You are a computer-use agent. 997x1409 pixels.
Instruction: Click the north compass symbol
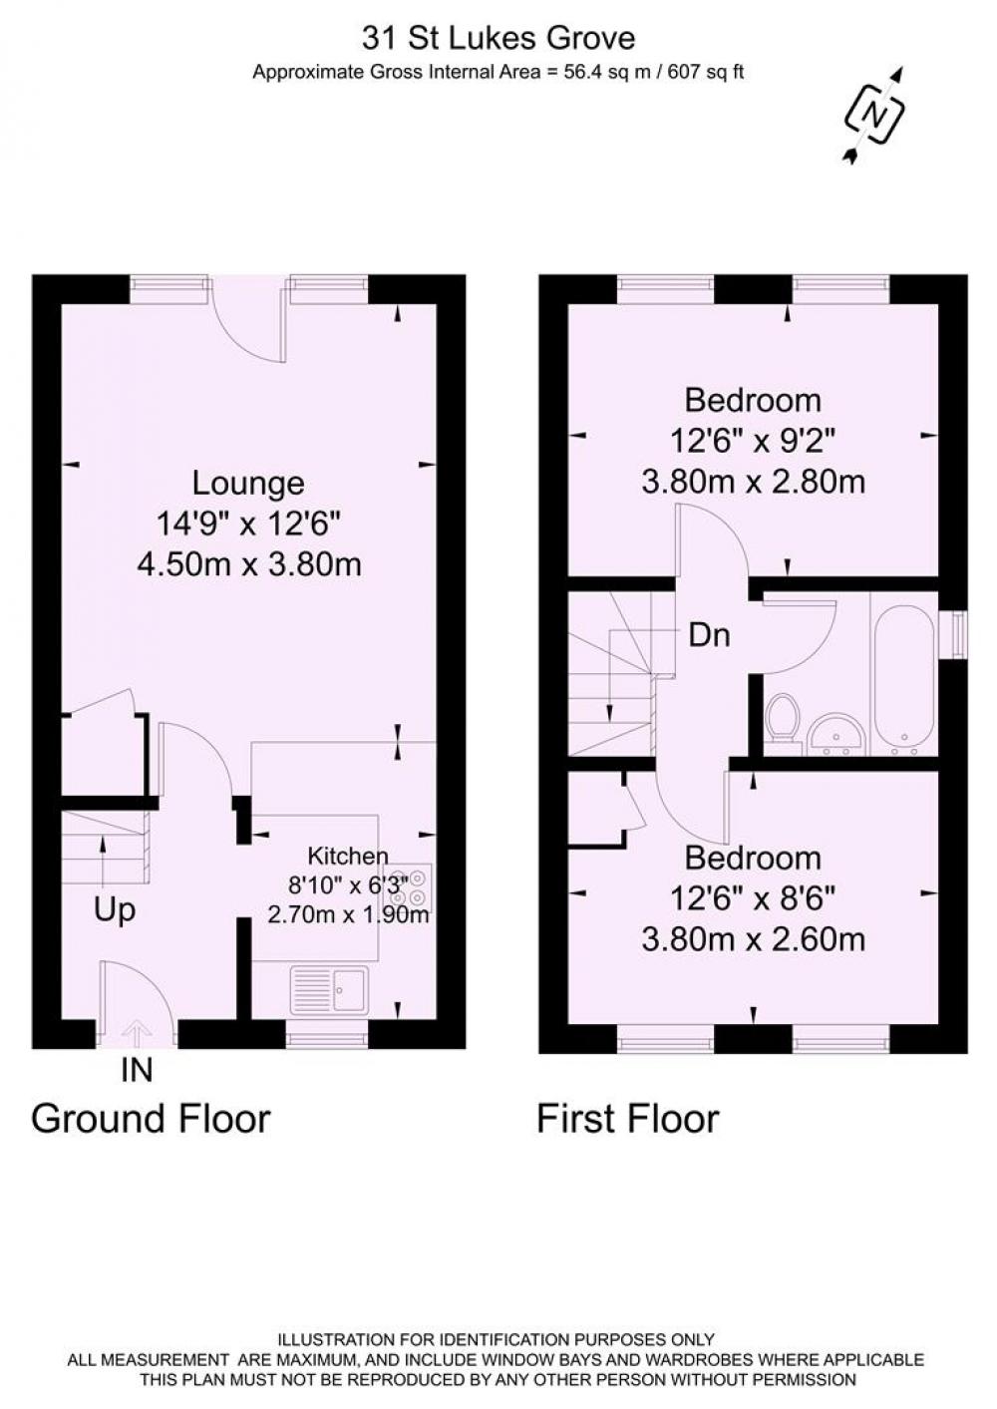[x=875, y=115]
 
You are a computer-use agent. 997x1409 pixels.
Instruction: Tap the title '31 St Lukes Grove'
[x=498, y=39]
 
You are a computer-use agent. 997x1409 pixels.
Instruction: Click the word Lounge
[x=248, y=485]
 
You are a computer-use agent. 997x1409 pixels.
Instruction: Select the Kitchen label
[x=348, y=857]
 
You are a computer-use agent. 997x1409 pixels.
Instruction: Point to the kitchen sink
[x=328, y=990]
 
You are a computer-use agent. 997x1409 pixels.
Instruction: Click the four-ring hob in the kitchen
[x=415, y=887]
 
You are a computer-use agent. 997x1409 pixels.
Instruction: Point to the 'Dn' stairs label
[x=710, y=636]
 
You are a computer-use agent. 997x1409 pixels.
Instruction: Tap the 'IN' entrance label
[x=138, y=1070]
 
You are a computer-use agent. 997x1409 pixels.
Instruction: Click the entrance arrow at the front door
[x=134, y=1035]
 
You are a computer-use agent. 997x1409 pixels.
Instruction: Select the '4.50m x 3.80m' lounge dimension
[x=249, y=564]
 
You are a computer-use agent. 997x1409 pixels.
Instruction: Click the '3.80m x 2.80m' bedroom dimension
[x=754, y=483]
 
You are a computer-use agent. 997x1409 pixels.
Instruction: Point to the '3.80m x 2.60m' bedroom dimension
[x=754, y=940]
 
